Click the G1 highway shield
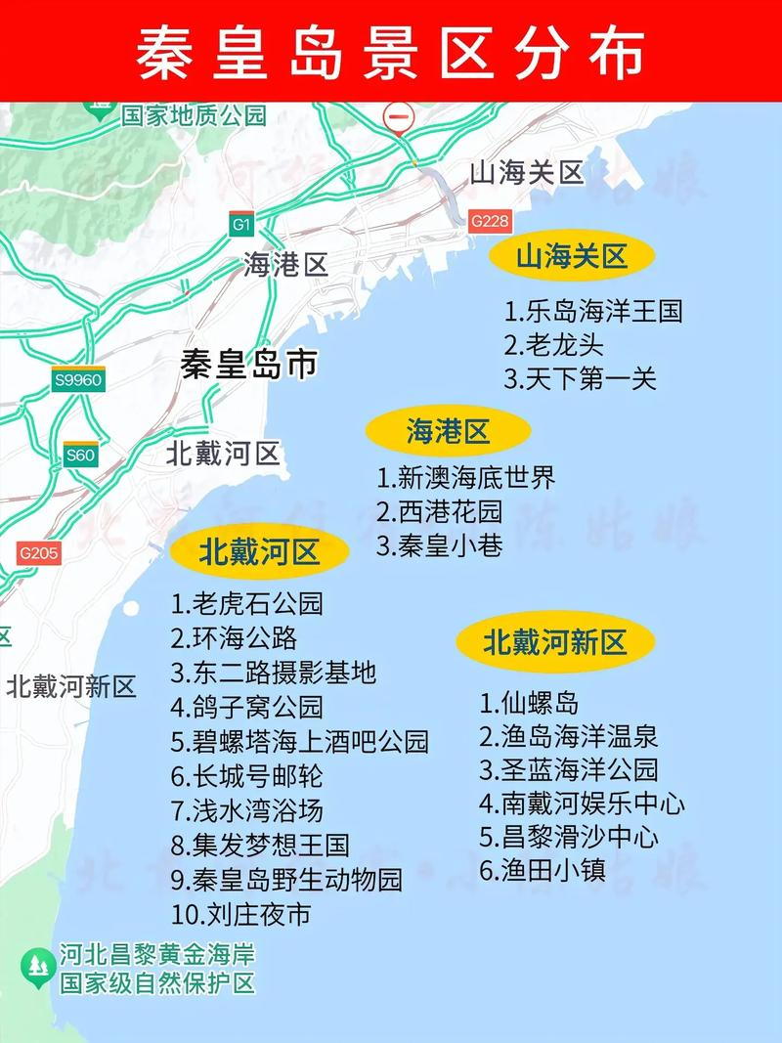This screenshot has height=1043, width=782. coord(241,225)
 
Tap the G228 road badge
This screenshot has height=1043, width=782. coord(489,221)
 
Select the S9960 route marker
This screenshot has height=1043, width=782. coord(78,380)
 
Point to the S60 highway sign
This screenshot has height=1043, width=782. coord(80,455)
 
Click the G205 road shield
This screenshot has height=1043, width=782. coord(38,553)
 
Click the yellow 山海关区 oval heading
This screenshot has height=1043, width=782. coord(571,257)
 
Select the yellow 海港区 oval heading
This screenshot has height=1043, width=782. coord(448,431)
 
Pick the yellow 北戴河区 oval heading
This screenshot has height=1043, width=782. coord(259,553)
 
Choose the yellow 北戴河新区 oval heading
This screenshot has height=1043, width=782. coord(554,642)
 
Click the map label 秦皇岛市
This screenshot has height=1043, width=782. coord(248,365)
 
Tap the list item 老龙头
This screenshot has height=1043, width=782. coord(554,345)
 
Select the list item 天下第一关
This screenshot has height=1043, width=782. coord(581,379)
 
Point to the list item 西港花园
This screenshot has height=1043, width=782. coord(439,511)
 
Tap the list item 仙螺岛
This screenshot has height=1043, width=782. coord(529,703)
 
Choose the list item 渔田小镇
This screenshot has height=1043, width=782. coord(543,870)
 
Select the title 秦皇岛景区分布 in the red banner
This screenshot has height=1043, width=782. coord(391,51)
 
